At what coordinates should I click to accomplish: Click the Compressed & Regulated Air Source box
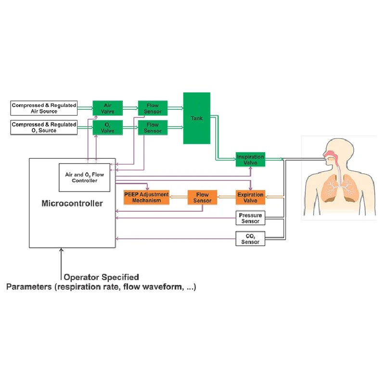44,108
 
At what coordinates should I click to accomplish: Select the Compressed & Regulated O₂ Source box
44,127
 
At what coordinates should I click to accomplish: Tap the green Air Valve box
107,108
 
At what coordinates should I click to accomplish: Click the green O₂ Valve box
107,128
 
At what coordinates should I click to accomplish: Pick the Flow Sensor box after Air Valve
153,108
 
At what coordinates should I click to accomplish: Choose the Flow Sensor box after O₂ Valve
153,128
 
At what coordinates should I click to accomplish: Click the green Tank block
196,118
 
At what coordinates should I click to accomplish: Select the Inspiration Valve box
250,160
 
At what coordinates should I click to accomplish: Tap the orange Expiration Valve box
250,197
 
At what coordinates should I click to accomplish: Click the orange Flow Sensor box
202,197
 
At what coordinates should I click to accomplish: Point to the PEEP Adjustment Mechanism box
146,197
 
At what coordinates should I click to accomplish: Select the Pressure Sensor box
250,218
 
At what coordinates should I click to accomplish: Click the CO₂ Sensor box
250,239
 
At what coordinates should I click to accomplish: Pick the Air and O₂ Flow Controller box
84,177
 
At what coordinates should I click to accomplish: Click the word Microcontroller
72,204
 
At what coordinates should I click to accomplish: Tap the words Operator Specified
102,277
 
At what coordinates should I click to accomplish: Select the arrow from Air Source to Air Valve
85,108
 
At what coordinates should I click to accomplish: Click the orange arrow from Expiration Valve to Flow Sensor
227,195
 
